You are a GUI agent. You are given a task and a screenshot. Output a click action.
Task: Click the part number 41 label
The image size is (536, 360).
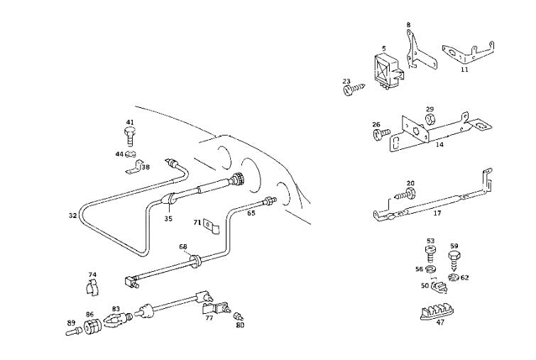(129, 121)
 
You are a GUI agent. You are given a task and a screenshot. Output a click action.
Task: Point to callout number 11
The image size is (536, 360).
(464, 70)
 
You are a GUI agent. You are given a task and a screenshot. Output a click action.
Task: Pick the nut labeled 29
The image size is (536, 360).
(430, 119)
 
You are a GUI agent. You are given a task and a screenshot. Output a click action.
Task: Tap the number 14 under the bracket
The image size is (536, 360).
(439, 145)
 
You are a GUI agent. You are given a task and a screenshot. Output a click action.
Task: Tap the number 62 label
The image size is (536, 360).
(464, 278)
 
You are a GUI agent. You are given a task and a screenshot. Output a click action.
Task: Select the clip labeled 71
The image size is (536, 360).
(211, 227)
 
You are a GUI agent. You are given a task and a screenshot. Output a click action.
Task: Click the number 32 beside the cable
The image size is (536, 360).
(73, 214)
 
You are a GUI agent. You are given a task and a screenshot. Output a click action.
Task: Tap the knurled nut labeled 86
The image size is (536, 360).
(90, 327)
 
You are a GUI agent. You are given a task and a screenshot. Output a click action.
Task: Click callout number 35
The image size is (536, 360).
(168, 219)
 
